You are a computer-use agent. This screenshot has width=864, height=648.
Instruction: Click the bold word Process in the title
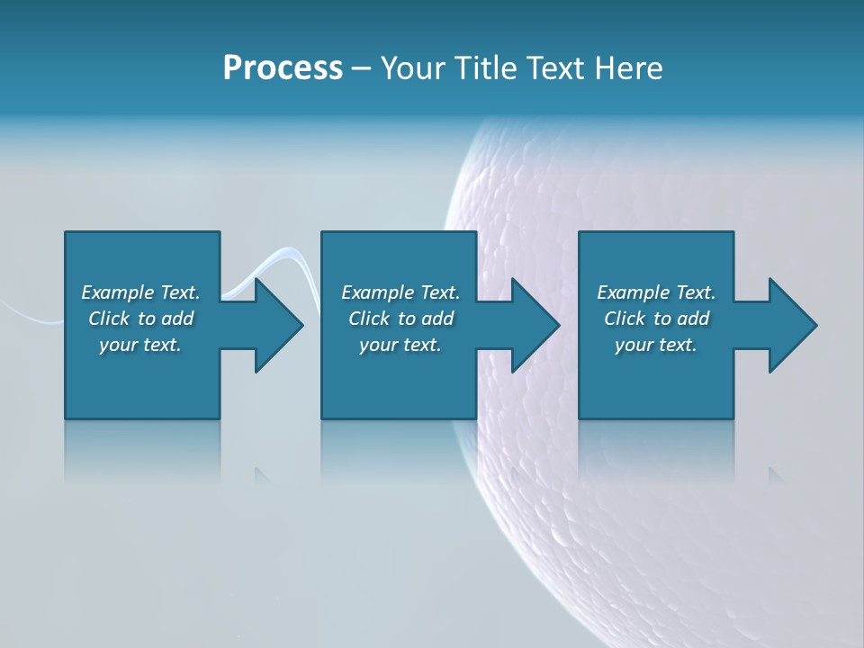(x=283, y=68)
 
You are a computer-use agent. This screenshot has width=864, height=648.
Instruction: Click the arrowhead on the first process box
(x=278, y=325)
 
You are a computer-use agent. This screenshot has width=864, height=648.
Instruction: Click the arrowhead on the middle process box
(x=535, y=325)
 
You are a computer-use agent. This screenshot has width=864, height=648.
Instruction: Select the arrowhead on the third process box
(x=792, y=325)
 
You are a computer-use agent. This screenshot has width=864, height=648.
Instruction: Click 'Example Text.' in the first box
(x=140, y=292)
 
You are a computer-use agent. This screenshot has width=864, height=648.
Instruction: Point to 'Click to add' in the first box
(x=140, y=319)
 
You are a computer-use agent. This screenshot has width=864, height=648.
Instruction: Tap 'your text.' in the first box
(x=140, y=345)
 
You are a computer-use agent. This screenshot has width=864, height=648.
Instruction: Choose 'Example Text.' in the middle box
(x=400, y=292)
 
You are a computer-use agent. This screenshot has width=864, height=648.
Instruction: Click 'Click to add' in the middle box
(x=400, y=319)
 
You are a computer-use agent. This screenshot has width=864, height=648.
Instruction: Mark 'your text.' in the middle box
(x=400, y=345)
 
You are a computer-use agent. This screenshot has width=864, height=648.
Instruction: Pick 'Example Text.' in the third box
(x=656, y=292)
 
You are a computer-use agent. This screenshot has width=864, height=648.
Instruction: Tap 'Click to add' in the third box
(x=656, y=319)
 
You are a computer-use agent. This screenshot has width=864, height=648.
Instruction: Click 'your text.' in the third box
(x=656, y=345)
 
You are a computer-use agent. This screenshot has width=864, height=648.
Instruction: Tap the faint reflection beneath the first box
(x=142, y=450)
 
